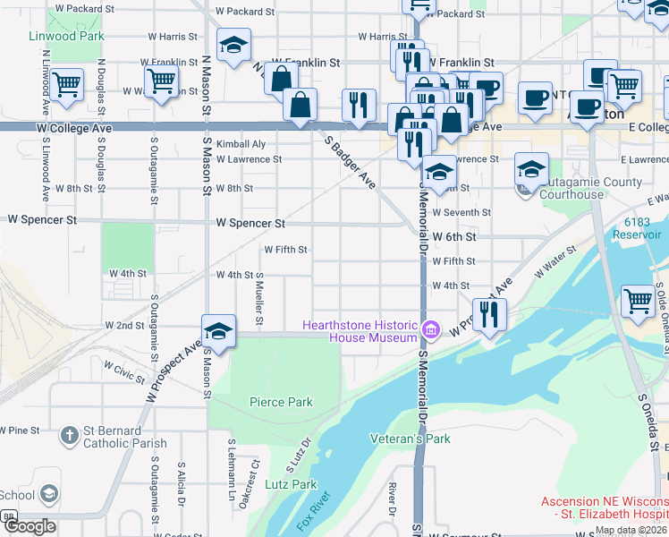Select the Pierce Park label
pyautogui.click(x=281, y=403)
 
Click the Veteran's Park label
pyautogui.click(x=411, y=439)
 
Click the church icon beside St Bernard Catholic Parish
pyautogui.click(x=70, y=436)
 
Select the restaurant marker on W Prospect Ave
pyautogui.click(x=488, y=313)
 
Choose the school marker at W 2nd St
pyautogui.click(x=218, y=331)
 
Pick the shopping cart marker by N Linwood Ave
pyautogui.click(x=66, y=85)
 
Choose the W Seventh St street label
pyautogui.click(x=461, y=212)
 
